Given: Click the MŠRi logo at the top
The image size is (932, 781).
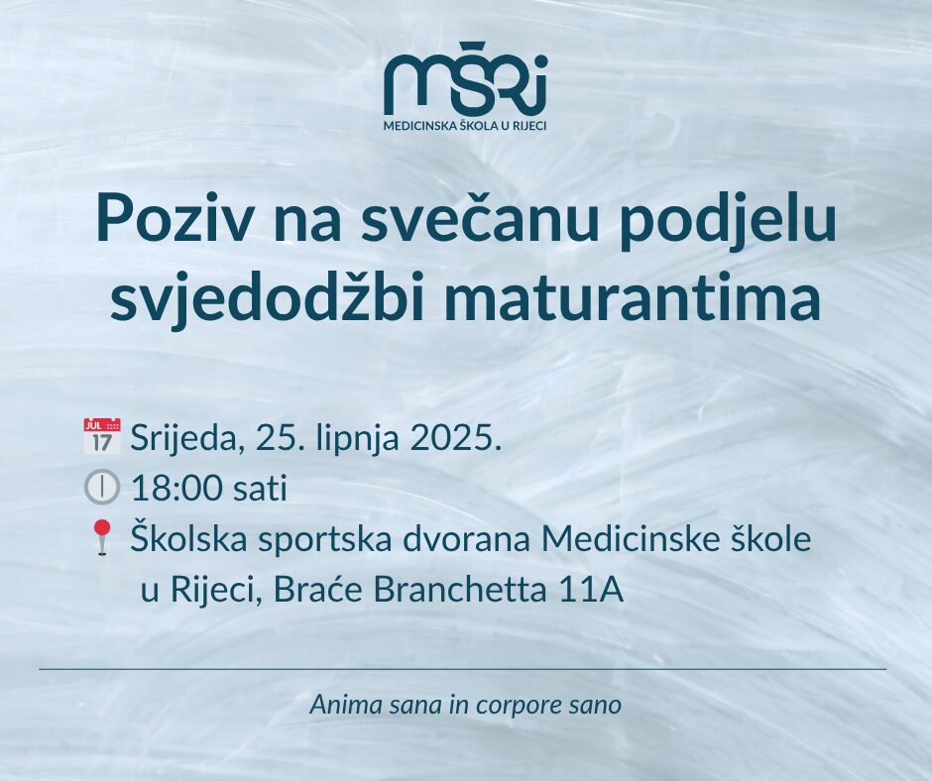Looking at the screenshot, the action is click(465, 79).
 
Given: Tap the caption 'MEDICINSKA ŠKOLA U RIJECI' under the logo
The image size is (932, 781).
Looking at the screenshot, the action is click(465, 126).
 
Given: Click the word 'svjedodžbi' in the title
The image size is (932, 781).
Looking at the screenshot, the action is click(271, 298).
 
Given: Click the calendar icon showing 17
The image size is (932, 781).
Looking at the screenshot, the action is click(102, 436).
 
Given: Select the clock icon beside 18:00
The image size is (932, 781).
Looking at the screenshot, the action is click(102, 488).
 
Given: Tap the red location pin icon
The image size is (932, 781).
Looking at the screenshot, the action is click(103, 538).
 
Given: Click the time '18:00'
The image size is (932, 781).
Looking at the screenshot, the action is click(177, 490).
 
